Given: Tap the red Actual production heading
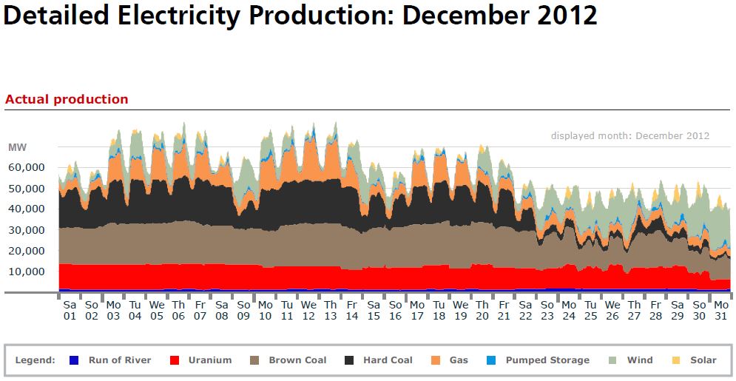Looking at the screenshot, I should [67, 99].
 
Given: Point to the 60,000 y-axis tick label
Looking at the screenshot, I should [26, 167].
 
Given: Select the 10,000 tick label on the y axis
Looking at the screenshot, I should [26, 272].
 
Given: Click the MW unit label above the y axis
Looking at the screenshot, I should [17, 146].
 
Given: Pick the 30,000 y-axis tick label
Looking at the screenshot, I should [26, 230].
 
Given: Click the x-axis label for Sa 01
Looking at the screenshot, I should [70, 310].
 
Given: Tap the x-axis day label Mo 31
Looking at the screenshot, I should [722, 310].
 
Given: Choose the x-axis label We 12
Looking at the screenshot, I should [308, 310].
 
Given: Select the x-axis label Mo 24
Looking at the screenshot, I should [569, 310].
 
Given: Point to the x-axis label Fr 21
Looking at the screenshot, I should [504, 310].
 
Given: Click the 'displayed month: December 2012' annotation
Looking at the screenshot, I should [630, 135].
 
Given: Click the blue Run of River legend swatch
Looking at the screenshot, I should [73, 360].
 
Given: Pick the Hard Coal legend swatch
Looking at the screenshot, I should [349, 360].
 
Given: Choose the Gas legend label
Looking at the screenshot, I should [459, 360].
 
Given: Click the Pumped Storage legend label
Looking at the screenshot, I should [547, 360].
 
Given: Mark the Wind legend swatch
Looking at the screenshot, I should [612, 360].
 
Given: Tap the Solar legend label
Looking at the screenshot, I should [703, 360].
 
